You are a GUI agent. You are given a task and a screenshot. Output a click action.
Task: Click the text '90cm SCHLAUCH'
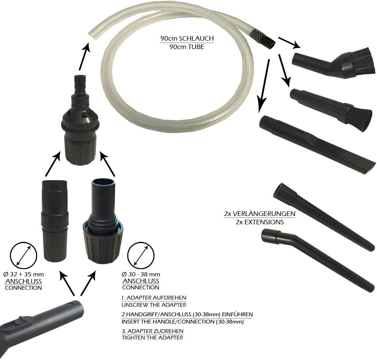click(x=187, y=38)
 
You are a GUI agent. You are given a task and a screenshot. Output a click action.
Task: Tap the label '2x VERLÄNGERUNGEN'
click(x=260, y=214)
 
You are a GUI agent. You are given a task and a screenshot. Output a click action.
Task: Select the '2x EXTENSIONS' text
click(x=260, y=222)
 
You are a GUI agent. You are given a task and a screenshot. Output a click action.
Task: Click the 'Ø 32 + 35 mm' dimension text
click(x=24, y=274)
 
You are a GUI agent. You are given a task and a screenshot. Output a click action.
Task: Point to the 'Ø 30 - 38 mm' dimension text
click(x=141, y=274)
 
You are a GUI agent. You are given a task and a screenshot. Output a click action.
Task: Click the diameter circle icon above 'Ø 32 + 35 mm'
click(x=23, y=255)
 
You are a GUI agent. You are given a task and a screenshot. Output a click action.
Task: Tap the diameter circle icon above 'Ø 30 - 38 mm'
click(x=140, y=255)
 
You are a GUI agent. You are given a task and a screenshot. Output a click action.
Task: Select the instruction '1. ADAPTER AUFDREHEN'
click(x=154, y=298)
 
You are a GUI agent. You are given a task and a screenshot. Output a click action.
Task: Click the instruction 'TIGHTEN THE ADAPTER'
click(x=153, y=338)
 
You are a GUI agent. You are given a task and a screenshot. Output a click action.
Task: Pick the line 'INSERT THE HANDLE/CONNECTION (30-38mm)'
click(x=183, y=322)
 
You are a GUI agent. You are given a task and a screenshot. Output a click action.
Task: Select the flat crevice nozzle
click(x=317, y=144)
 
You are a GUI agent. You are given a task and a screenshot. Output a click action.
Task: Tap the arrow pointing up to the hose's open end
click(x=84, y=56)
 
